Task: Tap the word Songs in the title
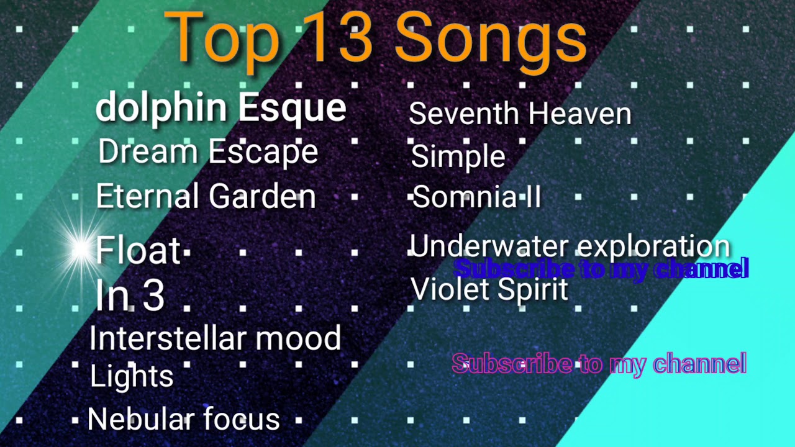point(491,38)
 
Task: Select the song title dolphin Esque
point(220,108)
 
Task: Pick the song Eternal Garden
point(206,197)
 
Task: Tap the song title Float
point(138,251)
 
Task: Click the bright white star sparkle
point(81,250)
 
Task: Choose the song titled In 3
point(130,296)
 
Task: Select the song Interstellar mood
point(215,339)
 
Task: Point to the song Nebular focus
point(184,420)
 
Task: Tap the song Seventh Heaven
point(520,114)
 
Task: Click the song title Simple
point(458,156)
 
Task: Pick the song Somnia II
point(476,197)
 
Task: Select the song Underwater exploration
point(570,246)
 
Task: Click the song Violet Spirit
point(489,289)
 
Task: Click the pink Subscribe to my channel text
point(599,364)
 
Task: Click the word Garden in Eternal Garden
point(262,197)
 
